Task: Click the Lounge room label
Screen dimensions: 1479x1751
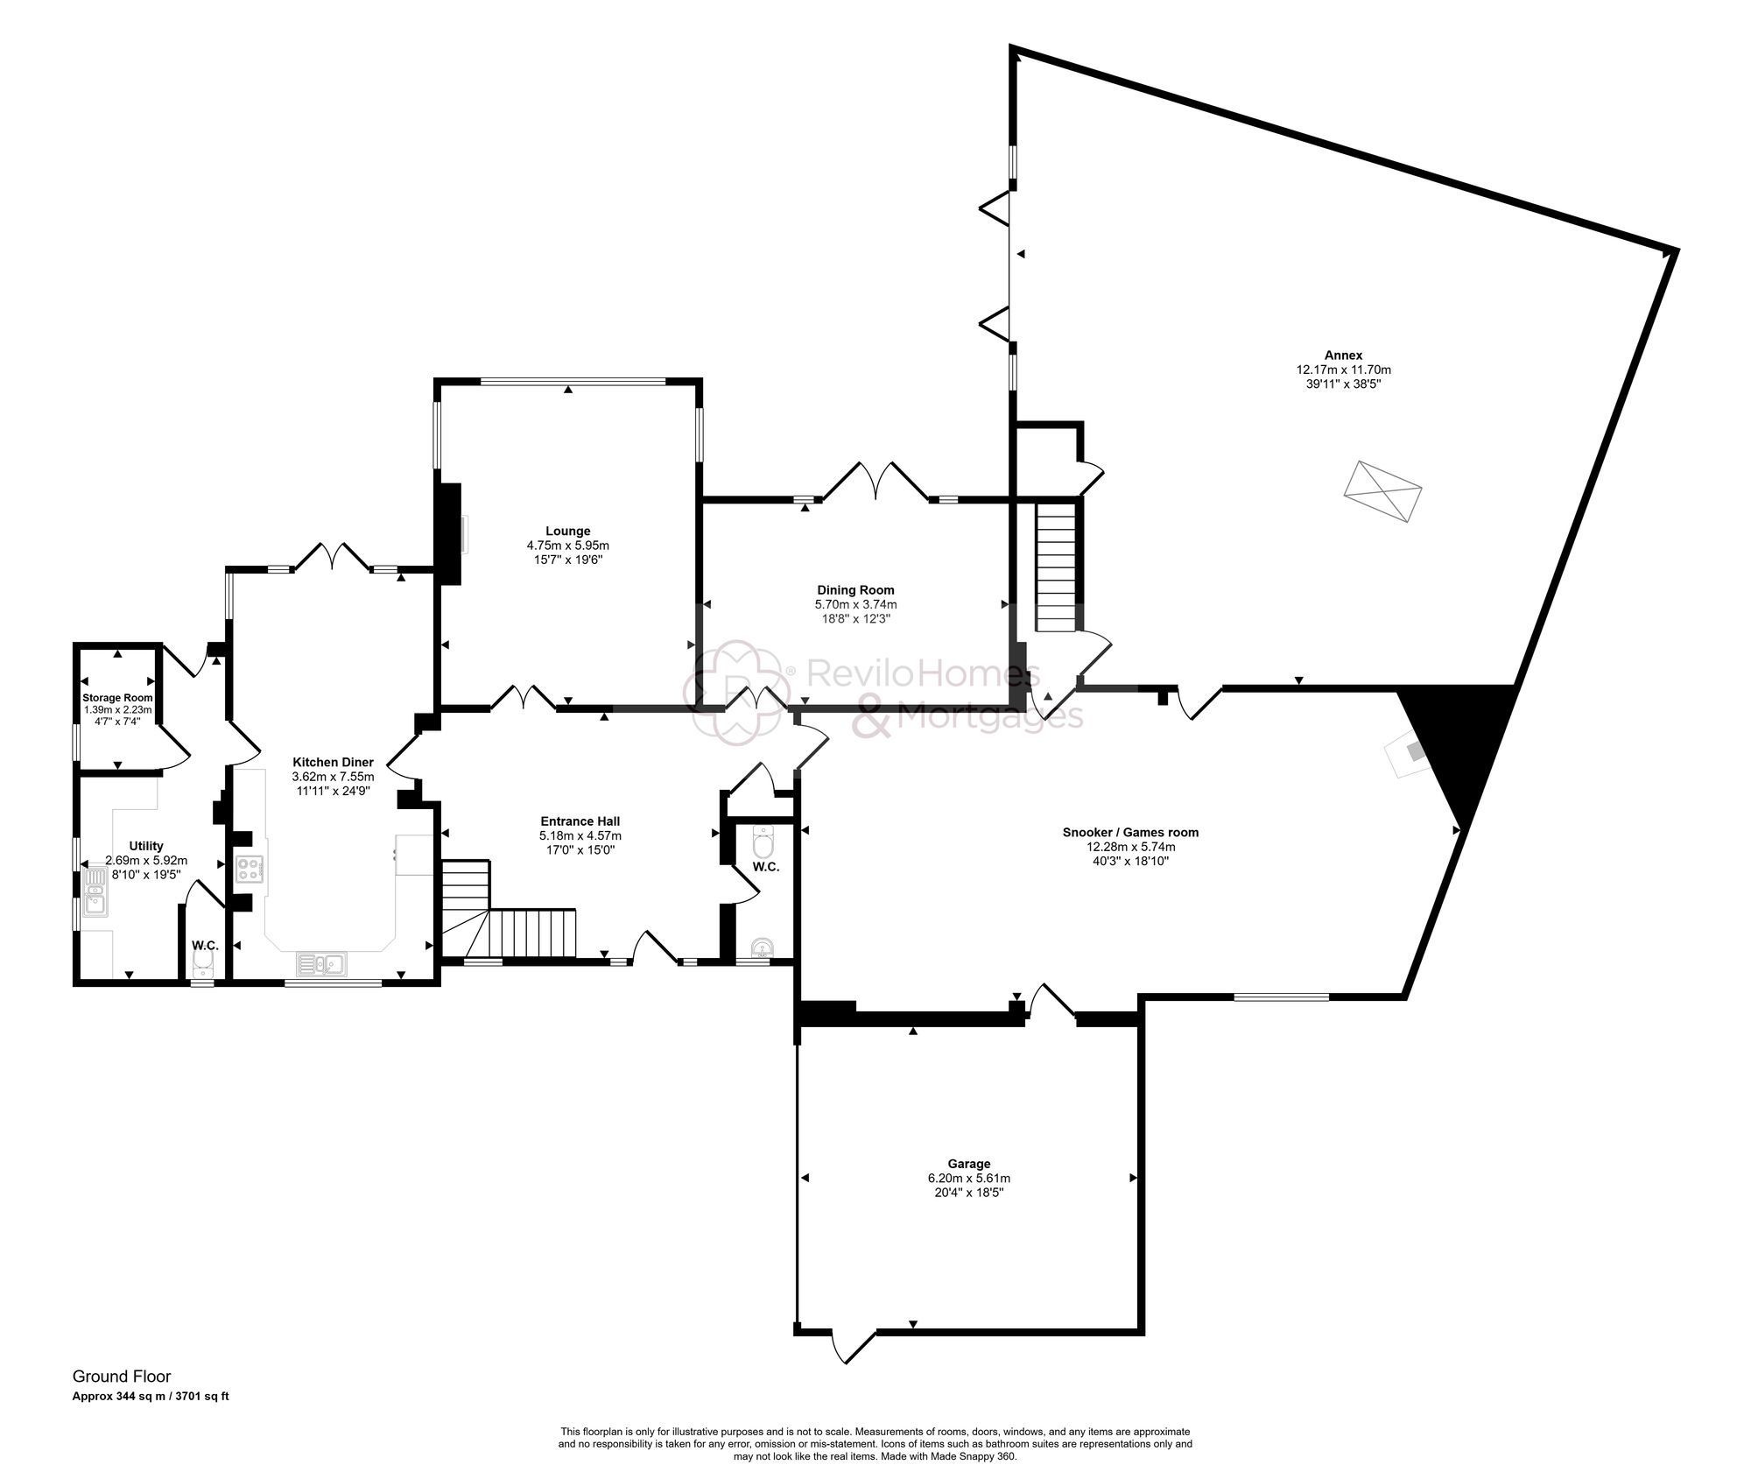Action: pyautogui.click(x=567, y=531)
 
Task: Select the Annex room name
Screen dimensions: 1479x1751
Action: pyautogui.click(x=1343, y=356)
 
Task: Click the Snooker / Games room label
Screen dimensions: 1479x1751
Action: pyautogui.click(x=1129, y=833)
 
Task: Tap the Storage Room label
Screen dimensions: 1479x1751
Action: pyautogui.click(x=117, y=698)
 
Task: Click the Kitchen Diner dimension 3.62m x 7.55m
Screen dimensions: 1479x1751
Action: pyautogui.click(x=333, y=777)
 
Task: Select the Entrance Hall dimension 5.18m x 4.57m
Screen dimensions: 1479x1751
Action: pyautogui.click(x=580, y=836)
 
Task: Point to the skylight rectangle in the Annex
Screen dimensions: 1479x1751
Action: pyautogui.click(x=1382, y=492)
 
